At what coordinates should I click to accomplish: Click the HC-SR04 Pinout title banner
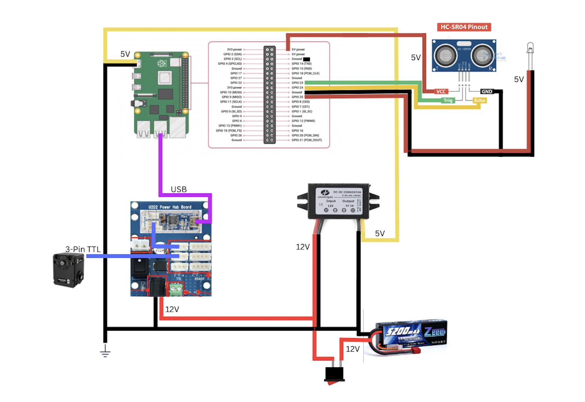click(463, 27)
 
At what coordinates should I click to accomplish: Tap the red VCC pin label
click(441, 91)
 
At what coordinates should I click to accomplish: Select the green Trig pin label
click(448, 100)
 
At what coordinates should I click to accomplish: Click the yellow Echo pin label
click(479, 100)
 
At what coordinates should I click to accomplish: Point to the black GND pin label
click(487, 91)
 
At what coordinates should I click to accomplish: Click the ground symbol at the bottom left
click(105, 351)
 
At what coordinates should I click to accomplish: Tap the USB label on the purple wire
click(179, 189)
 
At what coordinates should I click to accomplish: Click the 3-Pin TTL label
click(83, 249)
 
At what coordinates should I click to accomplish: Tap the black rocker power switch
click(334, 374)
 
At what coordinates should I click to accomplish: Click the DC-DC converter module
click(338, 201)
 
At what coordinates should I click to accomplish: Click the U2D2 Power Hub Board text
click(170, 207)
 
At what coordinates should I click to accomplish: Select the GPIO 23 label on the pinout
click(297, 83)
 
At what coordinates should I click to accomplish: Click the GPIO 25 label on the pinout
click(297, 97)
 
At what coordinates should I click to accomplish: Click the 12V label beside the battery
click(352, 349)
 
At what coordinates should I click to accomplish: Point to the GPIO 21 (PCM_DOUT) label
click(306, 140)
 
